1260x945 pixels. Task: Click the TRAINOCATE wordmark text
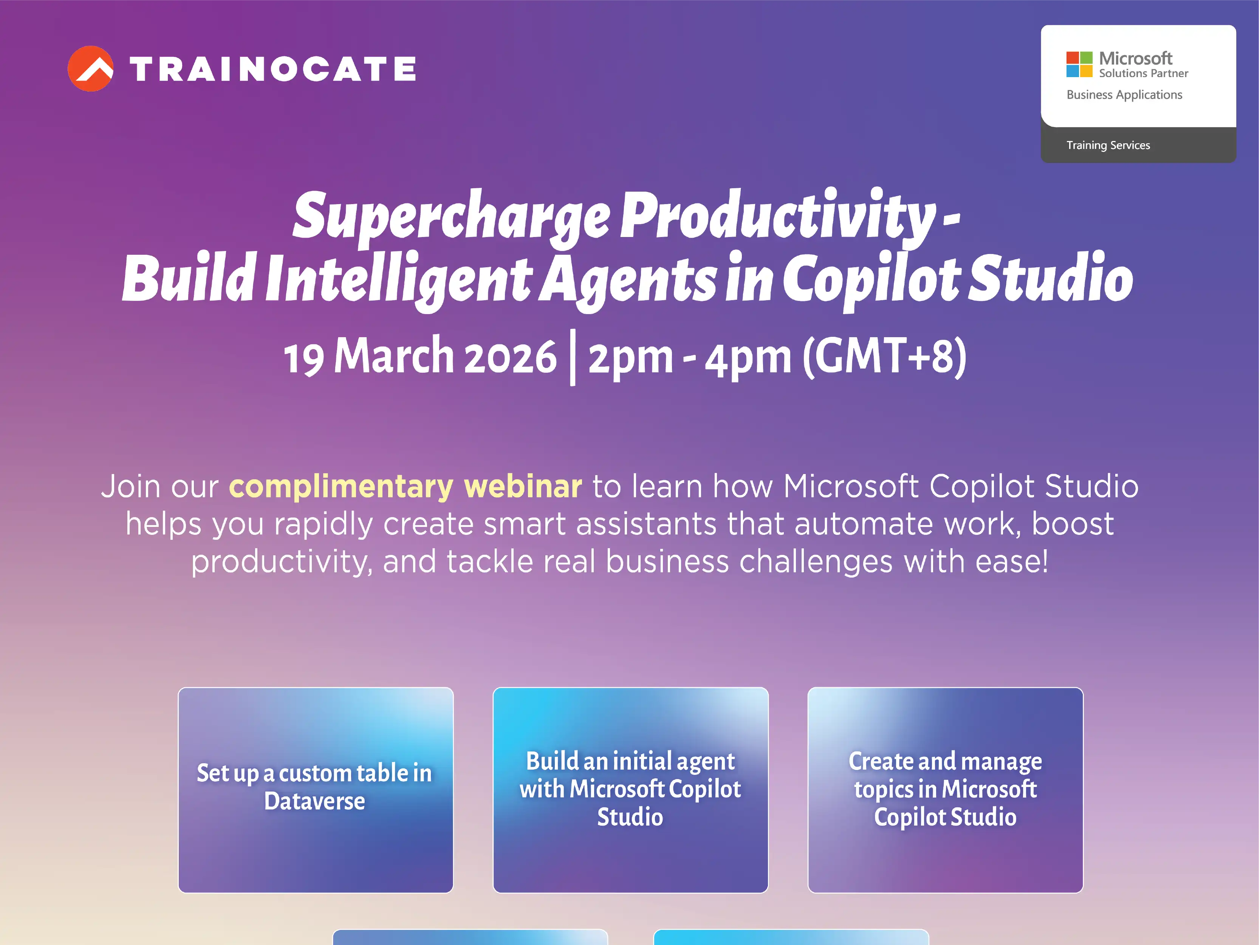(x=273, y=70)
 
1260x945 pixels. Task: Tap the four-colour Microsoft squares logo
(x=1079, y=64)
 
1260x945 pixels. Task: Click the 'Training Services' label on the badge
(x=1108, y=145)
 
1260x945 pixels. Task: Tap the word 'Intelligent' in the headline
(x=399, y=279)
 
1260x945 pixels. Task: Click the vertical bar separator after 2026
(x=573, y=358)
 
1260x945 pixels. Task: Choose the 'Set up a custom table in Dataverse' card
(x=316, y=790)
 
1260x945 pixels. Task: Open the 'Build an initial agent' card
(x=630, y=790)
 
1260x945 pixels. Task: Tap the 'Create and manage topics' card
(x=945, y=790)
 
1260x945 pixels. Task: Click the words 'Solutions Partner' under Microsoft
(x=1143, y=73)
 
